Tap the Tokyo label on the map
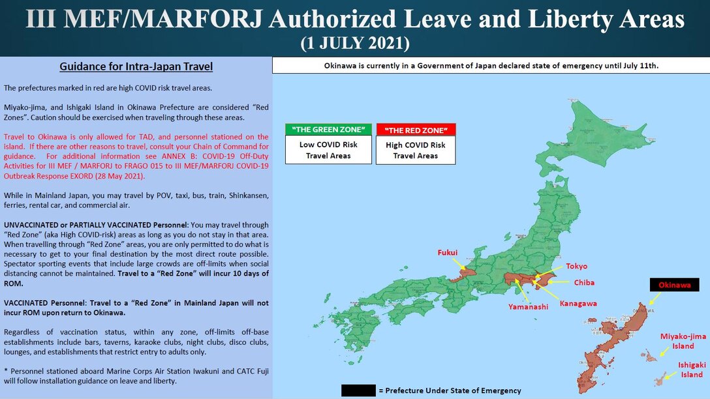point(576,266)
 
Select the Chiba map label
point(583,283)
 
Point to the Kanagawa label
point(578,303)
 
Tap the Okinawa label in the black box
point(674,285)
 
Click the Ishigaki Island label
point(690,370)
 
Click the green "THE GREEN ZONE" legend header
point(328,129)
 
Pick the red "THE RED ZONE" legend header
point(416,129)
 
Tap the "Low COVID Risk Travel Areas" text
point(328,150)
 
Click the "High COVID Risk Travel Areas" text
point(416,150)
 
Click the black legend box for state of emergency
point(358,391)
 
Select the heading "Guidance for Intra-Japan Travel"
point(136,66)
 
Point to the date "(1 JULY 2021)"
point(354,44)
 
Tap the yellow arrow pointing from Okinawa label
point(655,297)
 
